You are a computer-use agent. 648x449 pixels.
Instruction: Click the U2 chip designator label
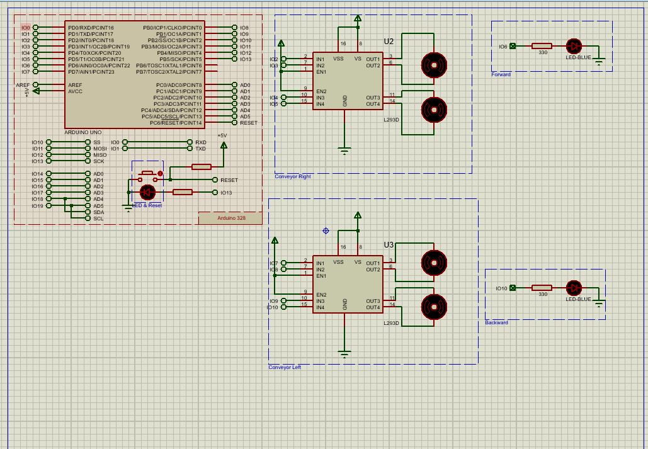389,42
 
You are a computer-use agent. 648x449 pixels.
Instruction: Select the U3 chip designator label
389,244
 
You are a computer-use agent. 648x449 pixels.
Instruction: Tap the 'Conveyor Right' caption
293,177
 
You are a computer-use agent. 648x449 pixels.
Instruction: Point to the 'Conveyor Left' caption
285,367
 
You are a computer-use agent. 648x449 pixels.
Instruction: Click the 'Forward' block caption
501,74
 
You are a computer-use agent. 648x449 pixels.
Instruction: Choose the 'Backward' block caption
496,322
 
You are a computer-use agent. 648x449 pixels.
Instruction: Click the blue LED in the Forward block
574,46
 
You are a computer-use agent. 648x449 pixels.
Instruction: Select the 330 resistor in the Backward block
542,288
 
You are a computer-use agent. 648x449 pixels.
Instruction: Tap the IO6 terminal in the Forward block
512,46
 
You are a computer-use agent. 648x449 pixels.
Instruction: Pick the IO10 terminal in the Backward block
512,288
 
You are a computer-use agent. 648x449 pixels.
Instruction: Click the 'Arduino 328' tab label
231,219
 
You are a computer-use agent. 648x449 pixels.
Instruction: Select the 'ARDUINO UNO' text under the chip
82,132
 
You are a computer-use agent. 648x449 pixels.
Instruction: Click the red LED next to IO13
147,192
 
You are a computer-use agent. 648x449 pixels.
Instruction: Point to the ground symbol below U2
344,150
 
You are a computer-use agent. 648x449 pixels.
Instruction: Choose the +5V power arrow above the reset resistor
223,145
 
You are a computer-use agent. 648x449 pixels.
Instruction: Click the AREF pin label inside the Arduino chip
75,85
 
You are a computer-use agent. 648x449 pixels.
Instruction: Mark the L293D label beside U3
392,322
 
